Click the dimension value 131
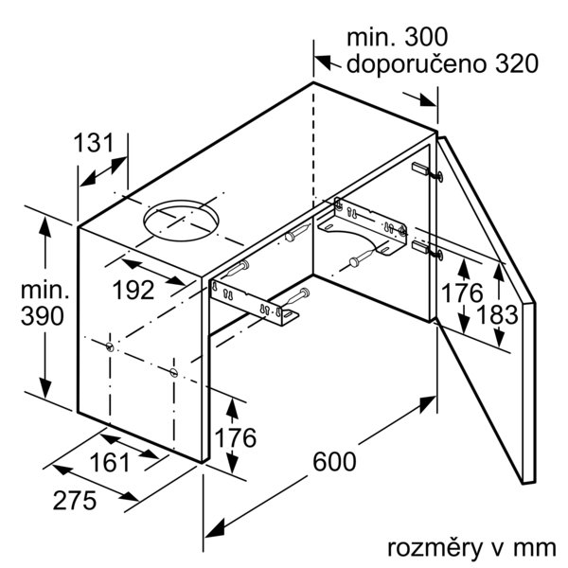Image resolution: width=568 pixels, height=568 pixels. click(94, 143)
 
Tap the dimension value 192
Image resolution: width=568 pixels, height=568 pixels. click(133, 291)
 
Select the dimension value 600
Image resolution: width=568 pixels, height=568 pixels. click(334, 462)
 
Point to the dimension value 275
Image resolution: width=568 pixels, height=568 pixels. click(75, 501)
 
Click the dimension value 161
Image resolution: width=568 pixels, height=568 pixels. click(110, 463)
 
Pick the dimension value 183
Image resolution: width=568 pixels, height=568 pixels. click(497, 314)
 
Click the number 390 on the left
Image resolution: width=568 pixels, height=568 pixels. click(43, 316)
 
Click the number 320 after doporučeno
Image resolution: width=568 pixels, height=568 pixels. click(517, 63)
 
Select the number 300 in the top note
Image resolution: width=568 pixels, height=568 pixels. click(426, 37)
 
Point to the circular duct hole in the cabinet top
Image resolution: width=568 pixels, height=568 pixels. click(181, 221)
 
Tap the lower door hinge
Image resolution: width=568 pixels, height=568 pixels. click(428, 249)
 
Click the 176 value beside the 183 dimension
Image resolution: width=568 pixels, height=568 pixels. click(462, 293)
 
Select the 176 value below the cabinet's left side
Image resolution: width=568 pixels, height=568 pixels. click(236, 437)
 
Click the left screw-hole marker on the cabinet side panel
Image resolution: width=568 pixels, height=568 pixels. click(110, 347)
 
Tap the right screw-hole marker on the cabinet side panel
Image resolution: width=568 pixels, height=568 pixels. click(174, 372)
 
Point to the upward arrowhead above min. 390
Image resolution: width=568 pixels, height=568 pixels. click(44, 227)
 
